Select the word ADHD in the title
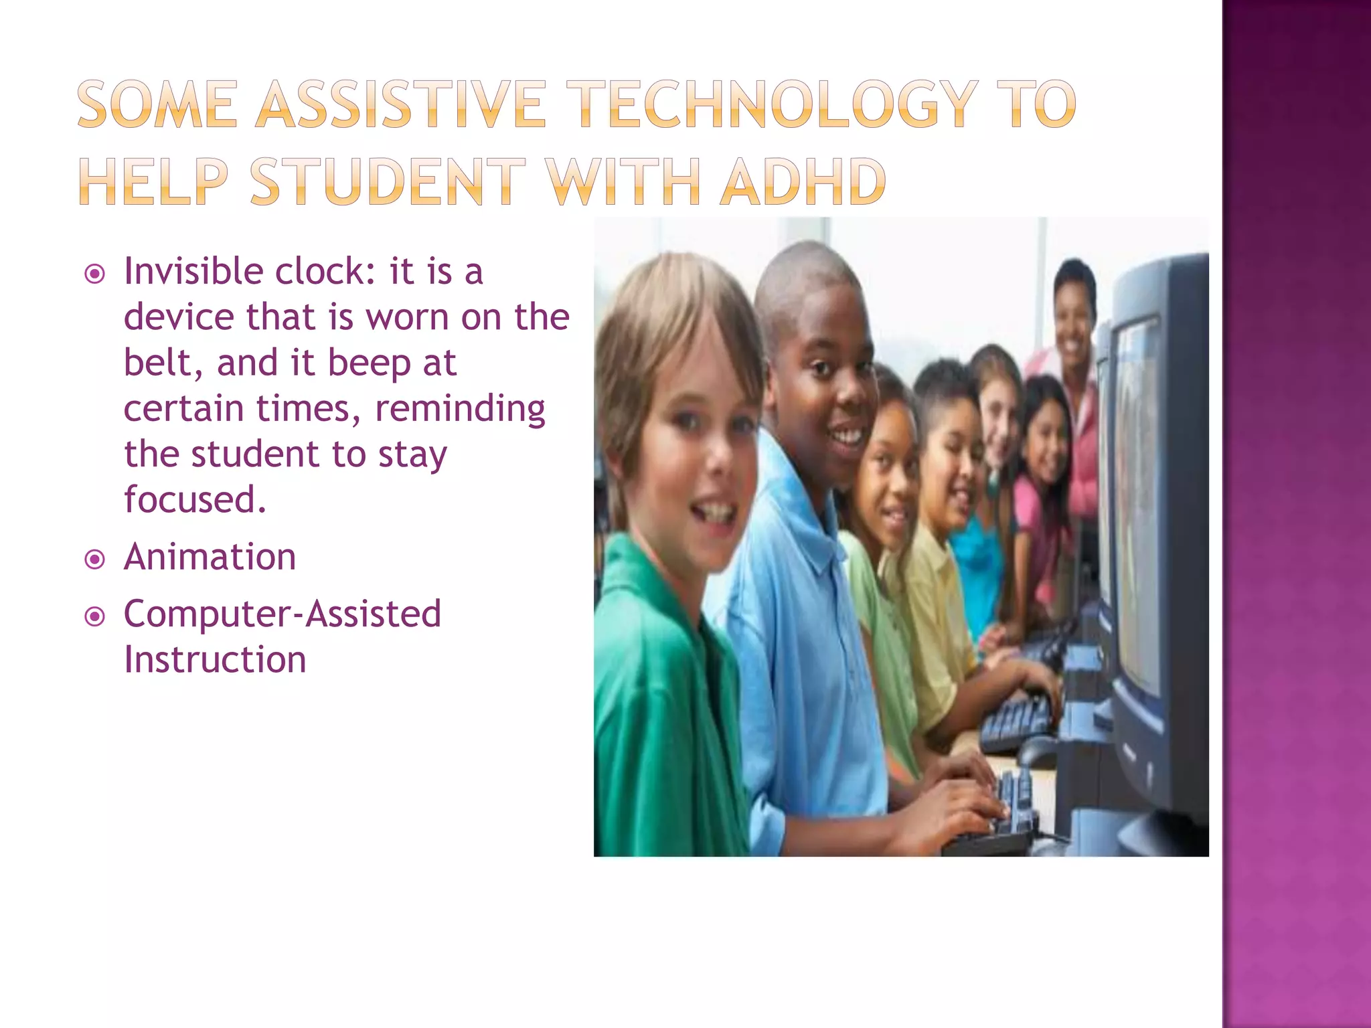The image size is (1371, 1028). point(803,181)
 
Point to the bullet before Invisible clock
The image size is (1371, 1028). point(95,274)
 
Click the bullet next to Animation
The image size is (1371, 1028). point(95,559)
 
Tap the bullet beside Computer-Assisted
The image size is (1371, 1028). point(95,616)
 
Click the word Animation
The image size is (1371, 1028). point(210,557)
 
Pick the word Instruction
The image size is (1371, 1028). point(215,660)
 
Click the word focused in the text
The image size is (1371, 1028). point(195,499)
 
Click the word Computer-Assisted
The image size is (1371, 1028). point(282,614)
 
